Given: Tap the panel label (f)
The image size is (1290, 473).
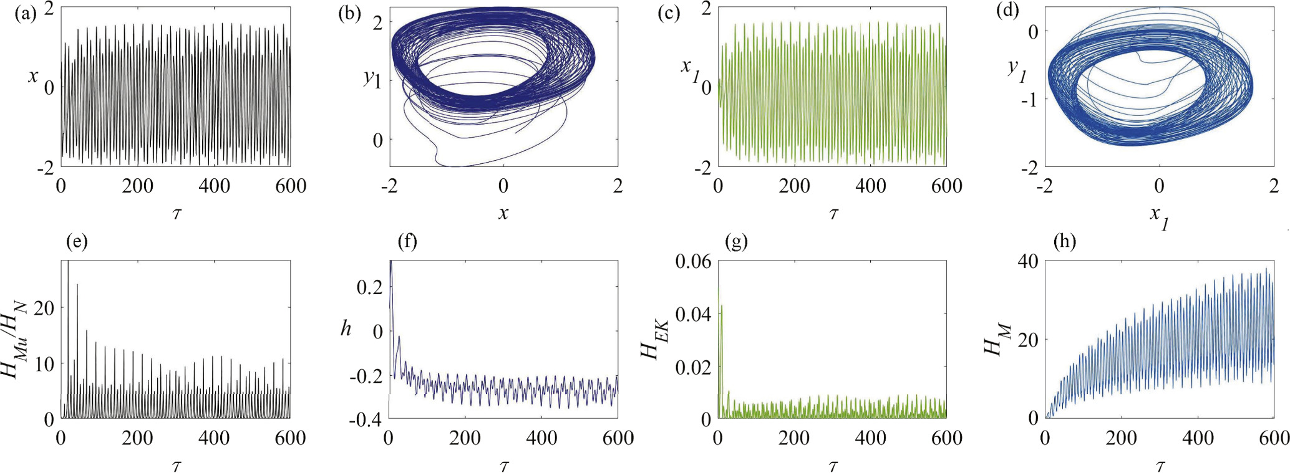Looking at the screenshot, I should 407,241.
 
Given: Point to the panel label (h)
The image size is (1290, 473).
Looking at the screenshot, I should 1064,241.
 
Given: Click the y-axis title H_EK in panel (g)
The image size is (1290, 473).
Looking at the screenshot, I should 655,340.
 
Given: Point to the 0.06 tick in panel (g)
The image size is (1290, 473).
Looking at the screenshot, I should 692,261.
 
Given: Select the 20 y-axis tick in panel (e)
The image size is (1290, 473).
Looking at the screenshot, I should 44,308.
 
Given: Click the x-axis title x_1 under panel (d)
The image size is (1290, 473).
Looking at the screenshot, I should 1158,217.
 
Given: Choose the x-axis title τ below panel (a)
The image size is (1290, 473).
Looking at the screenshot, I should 177,214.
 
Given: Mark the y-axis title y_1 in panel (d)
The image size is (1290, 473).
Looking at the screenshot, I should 1017,70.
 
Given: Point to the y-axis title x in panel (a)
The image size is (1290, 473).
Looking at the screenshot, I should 33,77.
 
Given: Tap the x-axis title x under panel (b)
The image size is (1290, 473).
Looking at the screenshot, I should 503,214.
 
